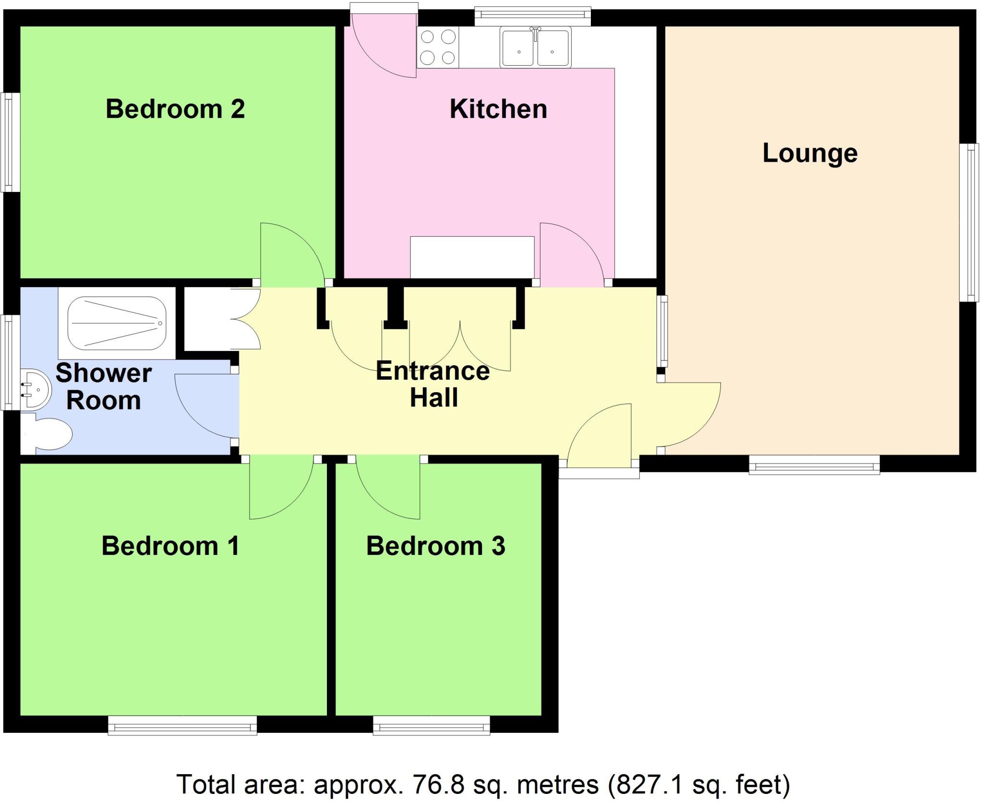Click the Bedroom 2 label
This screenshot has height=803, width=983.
[x=175, y=109]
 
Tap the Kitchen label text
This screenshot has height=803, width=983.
[x=498, y=109]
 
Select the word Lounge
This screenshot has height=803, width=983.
[x=810, y=153]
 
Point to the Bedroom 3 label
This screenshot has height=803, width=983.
[x=435, y=546]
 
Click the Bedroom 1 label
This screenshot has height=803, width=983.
[x=170, y=546]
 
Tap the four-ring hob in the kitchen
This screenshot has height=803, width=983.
[x=438, y=47]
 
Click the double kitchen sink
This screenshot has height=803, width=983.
[x=535, y=48]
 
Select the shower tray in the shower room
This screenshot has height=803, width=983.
[x=116, y=323]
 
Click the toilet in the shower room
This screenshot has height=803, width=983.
[x=48, y=434]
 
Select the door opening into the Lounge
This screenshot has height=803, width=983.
[x=689, y=415]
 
